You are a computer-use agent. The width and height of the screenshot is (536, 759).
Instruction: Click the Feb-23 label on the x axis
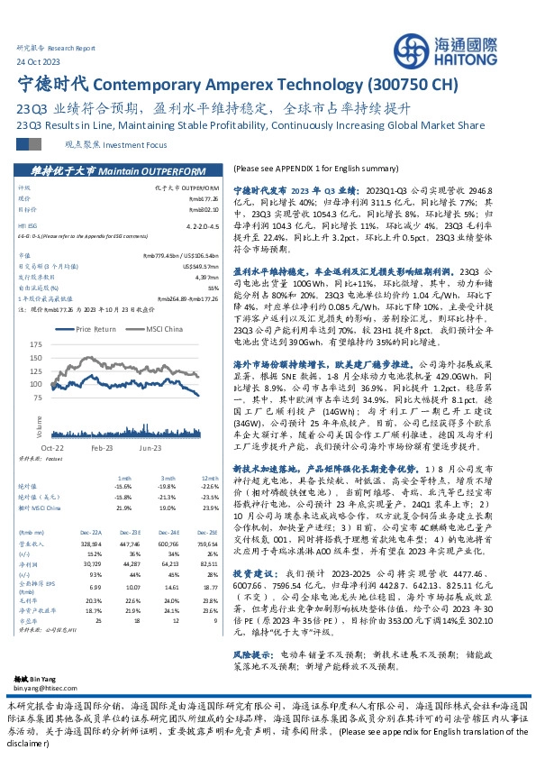coord(101,446)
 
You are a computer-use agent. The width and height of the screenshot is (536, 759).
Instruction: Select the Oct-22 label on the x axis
coord(50,446)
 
